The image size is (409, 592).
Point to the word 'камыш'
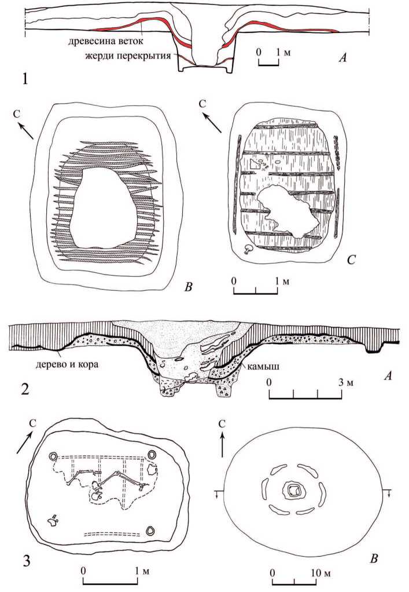pyautogui.click(x=263, y=367)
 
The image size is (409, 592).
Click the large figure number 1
pyautogui.click(x=25, y=79)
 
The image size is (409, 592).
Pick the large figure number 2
pyautogui.click(x=25, y=389)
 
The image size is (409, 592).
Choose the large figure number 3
pyautogui.click(x=27, y=561)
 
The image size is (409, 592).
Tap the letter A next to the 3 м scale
pyautogui.click(x=387, y=376)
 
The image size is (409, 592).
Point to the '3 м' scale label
pyautogui.click(x=347, y=382)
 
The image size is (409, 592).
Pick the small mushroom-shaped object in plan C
pyautogui.click(x=248, y=249)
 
